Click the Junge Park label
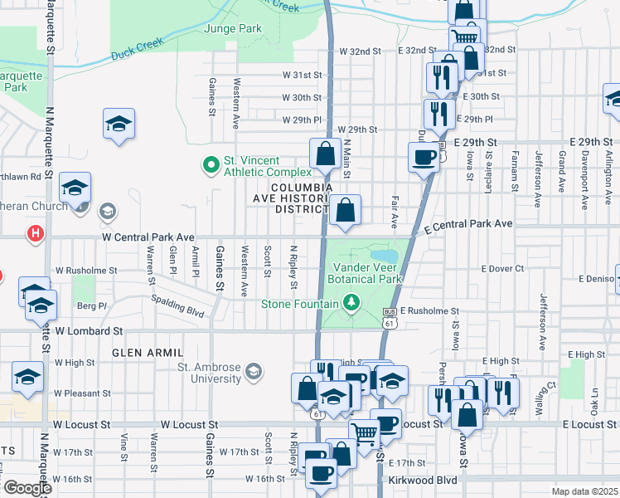pyautogui.click(x=232, y=28)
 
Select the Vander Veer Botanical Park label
pyautogui.click(x=367, y=273)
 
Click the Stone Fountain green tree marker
pyautogui.click(x=352, y=302)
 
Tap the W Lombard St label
pyautogui.click(x=89, y=330)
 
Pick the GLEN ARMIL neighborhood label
pyautogui.click(x=140, y=353)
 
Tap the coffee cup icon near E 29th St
pyautogui.click(x=424, y=157)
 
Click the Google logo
pyautogui.click(x=27, y=488)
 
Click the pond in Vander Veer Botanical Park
pyautogui.click(x=384, y=254)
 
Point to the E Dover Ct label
pyautogui.click(x=503, y=268)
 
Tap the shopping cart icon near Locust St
pyautogui.click(x=365, y=431)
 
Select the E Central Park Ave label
pyautogui.click(x=468, y=224)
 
